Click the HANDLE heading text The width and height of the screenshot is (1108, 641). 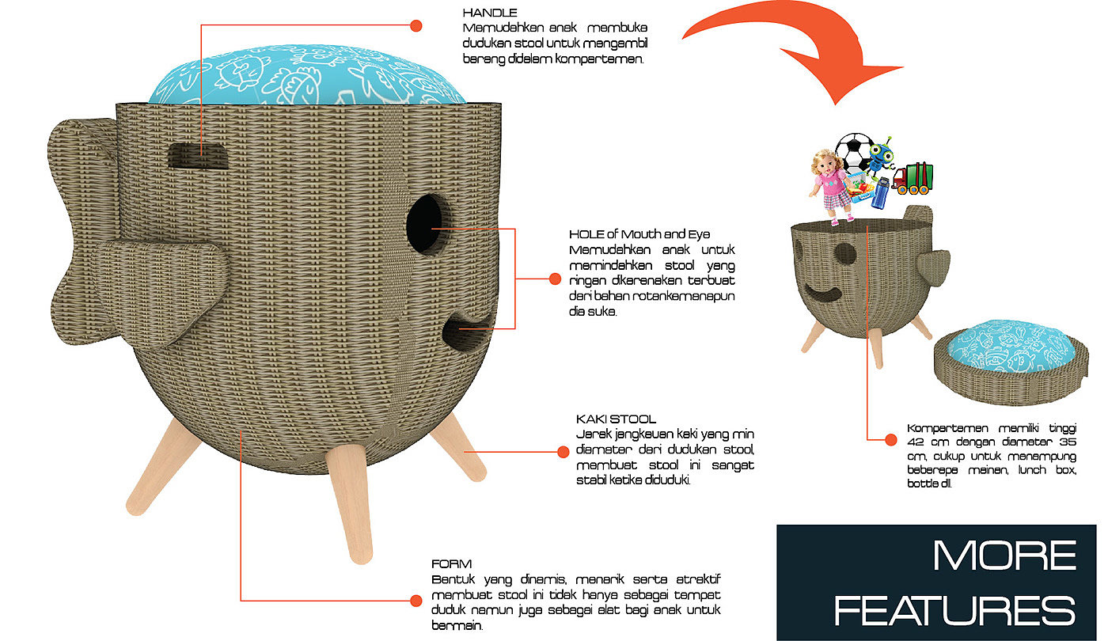pos(490,13)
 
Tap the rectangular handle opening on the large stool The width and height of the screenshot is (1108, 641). pos(199,156)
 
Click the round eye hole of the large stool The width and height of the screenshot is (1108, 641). pos(428,224)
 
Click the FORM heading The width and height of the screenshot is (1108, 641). pos(451,564)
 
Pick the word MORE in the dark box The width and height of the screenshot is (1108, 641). pos(1004,556)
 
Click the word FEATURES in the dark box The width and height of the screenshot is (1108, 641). pos(954,610)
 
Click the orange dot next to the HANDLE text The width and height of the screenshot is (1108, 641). pos(415,26)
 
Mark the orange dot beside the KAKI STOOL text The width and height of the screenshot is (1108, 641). pos(563,452)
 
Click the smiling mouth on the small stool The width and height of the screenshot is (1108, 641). pos(823,294)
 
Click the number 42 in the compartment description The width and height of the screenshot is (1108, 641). pos(916,442)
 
